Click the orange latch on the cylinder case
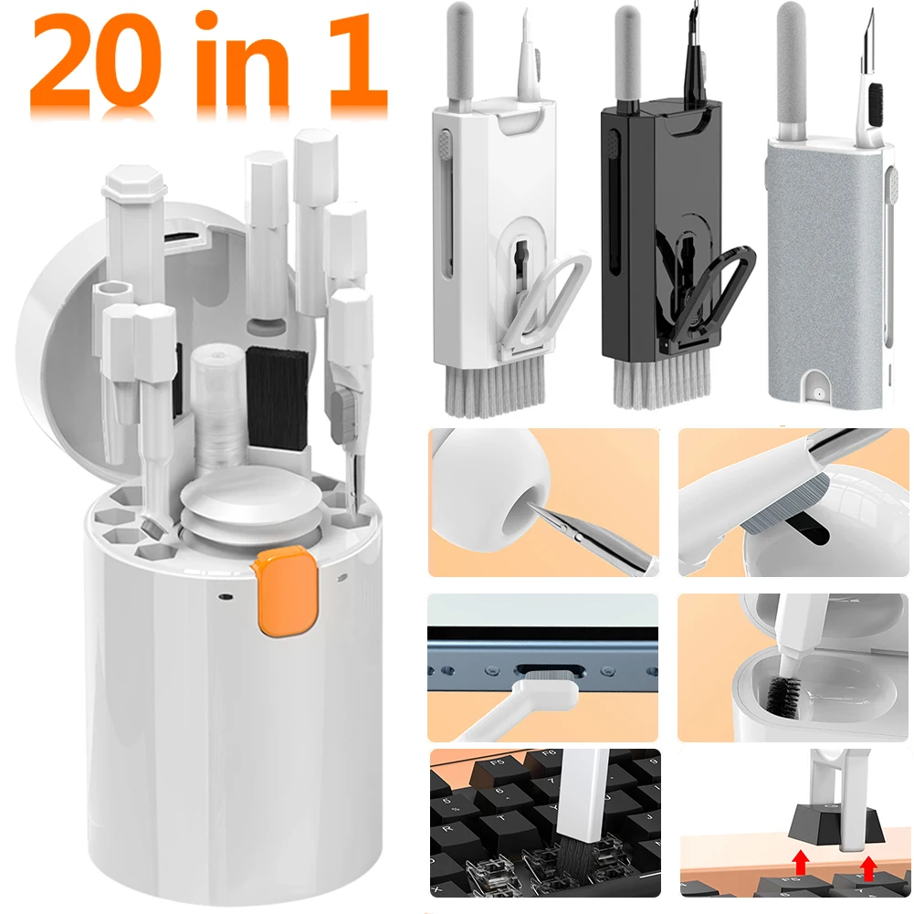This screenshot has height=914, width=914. coord(285,591)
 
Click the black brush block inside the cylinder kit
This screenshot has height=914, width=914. coord(277,398)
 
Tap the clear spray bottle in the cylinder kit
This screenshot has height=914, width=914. coord(218,408)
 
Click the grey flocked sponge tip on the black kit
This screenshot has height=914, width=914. coord(628,52)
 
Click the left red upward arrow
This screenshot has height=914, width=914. coord(801,863)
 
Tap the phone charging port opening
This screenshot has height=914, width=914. coord(549,671)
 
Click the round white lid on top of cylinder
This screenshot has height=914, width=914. coord(251,502)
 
